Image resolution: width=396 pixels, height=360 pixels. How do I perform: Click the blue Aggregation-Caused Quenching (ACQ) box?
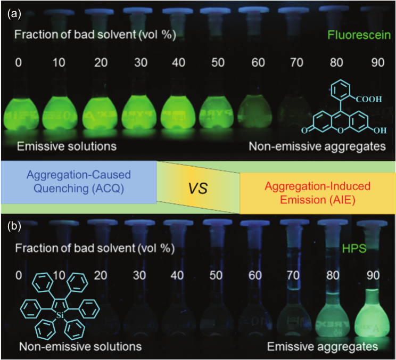pyautogui.click(x=79, y=182)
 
